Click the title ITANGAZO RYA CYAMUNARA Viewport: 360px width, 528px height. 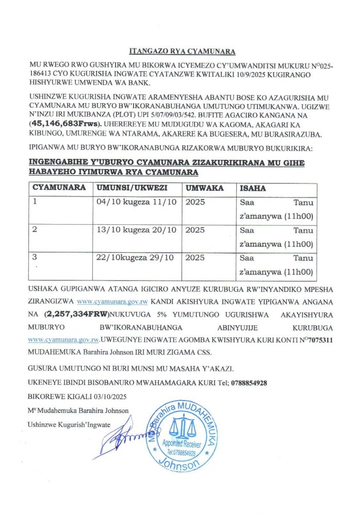tap(181, 52)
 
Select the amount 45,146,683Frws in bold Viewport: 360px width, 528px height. tap(64, 124)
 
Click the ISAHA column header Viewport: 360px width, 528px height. tap(253, 188)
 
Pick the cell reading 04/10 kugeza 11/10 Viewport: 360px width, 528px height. tap(137, 202)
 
